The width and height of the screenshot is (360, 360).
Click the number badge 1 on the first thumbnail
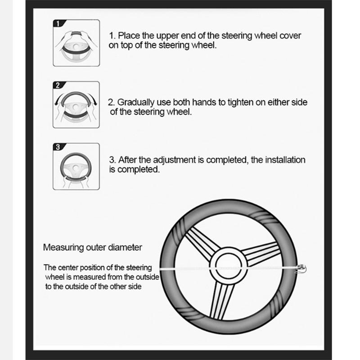click(x=58, y=23)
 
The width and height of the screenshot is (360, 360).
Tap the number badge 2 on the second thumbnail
click(x=58, y=85)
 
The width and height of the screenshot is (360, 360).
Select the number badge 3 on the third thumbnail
click(x=58, y=147)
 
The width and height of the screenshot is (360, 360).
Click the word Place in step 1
click(x=129, y=36)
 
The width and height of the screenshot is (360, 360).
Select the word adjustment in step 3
click(x=174, y=160)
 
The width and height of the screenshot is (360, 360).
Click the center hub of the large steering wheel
click(x=229, y=266)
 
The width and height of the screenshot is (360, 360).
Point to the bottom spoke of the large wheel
click(x=221, y=300)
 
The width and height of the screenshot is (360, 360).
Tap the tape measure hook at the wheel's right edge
click(x=301, y=269)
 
